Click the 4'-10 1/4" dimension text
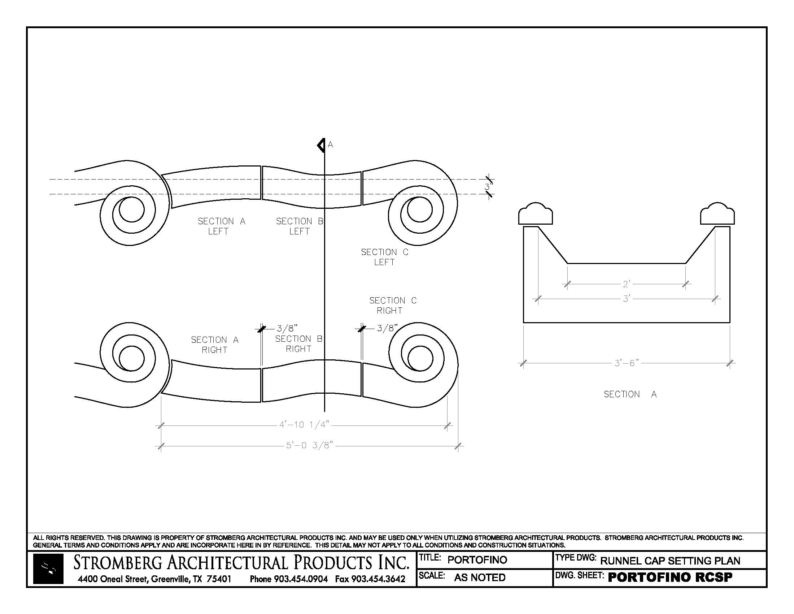click(x=304, y=425)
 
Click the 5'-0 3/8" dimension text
click(x=309, y=445)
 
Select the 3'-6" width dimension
click(x=627, y=363)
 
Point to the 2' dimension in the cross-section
click(x=627, y=284)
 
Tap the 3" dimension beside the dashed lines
click(x=489, y=187)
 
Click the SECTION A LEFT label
click(x=221, y=226)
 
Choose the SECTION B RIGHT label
click(x=298, y=344)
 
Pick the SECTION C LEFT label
click(x=384, y=257)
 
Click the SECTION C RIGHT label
click(x=393, y=306)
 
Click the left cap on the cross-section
click(x=535, y=214)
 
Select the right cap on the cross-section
click(x=717, y=214)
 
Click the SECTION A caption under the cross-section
click(x=630, y=394)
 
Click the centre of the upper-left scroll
click(x=131, y=210)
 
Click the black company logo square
click(x=48, y=569)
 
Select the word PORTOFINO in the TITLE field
click(x=477, y=560)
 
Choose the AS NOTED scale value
click(x=480, y=578)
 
